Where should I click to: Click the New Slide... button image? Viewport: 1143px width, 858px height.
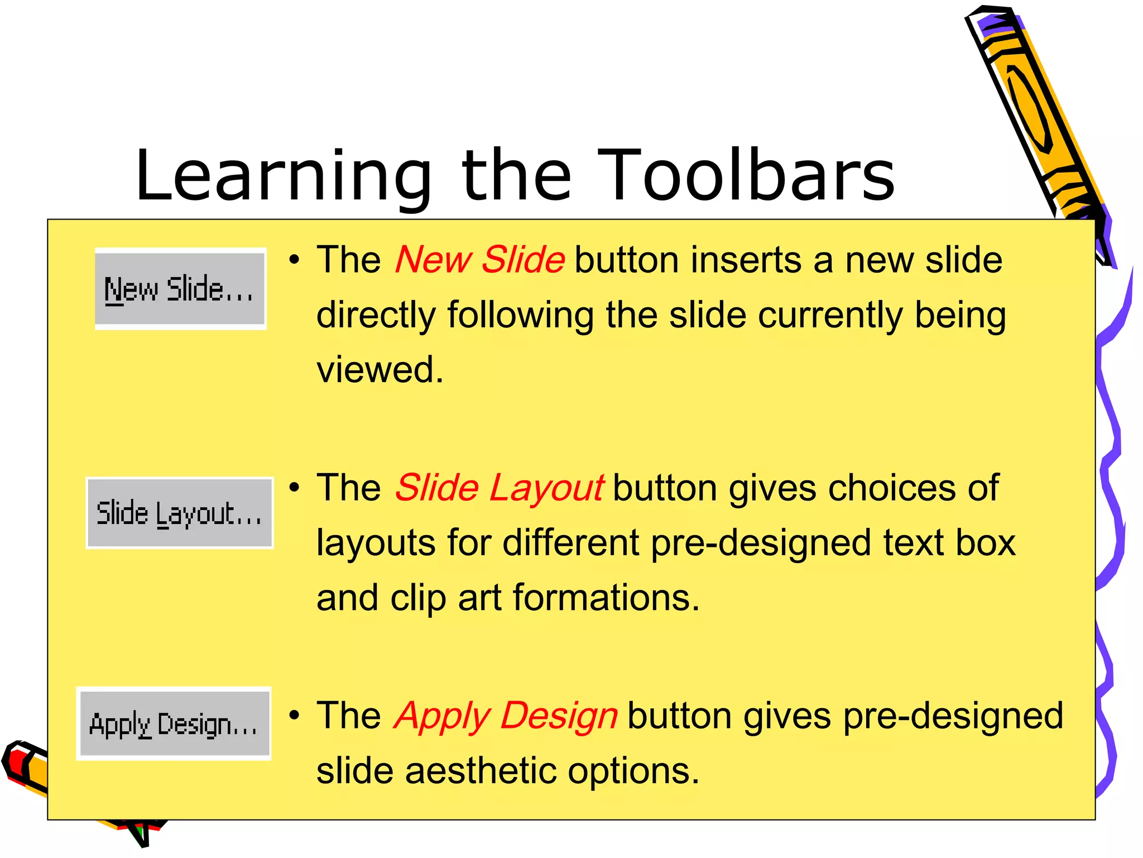180,289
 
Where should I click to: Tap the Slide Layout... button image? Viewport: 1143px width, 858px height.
179,513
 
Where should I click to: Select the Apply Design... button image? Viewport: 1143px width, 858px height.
174,723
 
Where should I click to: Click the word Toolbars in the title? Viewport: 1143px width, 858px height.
746,175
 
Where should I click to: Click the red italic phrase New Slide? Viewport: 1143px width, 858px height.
479,260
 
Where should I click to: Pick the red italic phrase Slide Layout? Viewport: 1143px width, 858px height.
499,488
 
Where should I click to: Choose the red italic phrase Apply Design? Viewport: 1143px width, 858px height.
506,716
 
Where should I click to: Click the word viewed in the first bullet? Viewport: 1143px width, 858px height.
380,370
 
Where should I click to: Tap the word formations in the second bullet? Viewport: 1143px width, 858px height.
606,598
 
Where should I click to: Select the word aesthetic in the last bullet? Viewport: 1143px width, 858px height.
481,771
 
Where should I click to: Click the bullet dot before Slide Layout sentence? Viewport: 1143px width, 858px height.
295,488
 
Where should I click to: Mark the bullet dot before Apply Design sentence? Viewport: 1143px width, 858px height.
295,716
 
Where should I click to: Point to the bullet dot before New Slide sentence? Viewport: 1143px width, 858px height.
295,260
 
